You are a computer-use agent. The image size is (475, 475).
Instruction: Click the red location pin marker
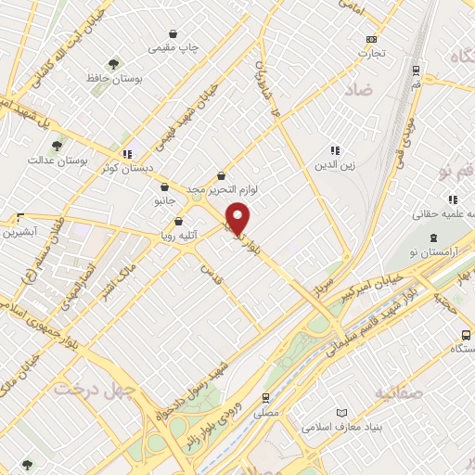click(238, 218)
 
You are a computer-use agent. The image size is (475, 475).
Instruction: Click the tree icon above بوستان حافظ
click(113, 64)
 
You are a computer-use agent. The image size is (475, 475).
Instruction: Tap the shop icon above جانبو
click(164, 185)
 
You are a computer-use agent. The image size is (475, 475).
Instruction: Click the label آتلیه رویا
click(178, 236)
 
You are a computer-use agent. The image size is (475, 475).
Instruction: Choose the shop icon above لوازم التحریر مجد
click(221, 174)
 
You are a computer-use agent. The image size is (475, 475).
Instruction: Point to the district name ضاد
click(363, 91)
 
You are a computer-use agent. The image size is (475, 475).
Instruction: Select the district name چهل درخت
click(93, 387)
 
